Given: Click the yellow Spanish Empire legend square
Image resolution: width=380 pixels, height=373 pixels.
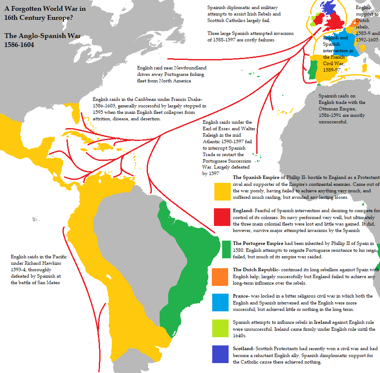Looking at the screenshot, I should (223, 191).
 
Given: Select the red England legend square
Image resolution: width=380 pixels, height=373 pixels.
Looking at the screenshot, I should (223, 217).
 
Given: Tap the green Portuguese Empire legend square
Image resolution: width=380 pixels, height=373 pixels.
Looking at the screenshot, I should (226, 249).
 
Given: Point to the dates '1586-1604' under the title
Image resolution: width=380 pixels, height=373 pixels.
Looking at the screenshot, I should (19, 44).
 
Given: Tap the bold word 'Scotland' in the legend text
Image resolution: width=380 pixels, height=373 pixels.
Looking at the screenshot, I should (243, 348).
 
